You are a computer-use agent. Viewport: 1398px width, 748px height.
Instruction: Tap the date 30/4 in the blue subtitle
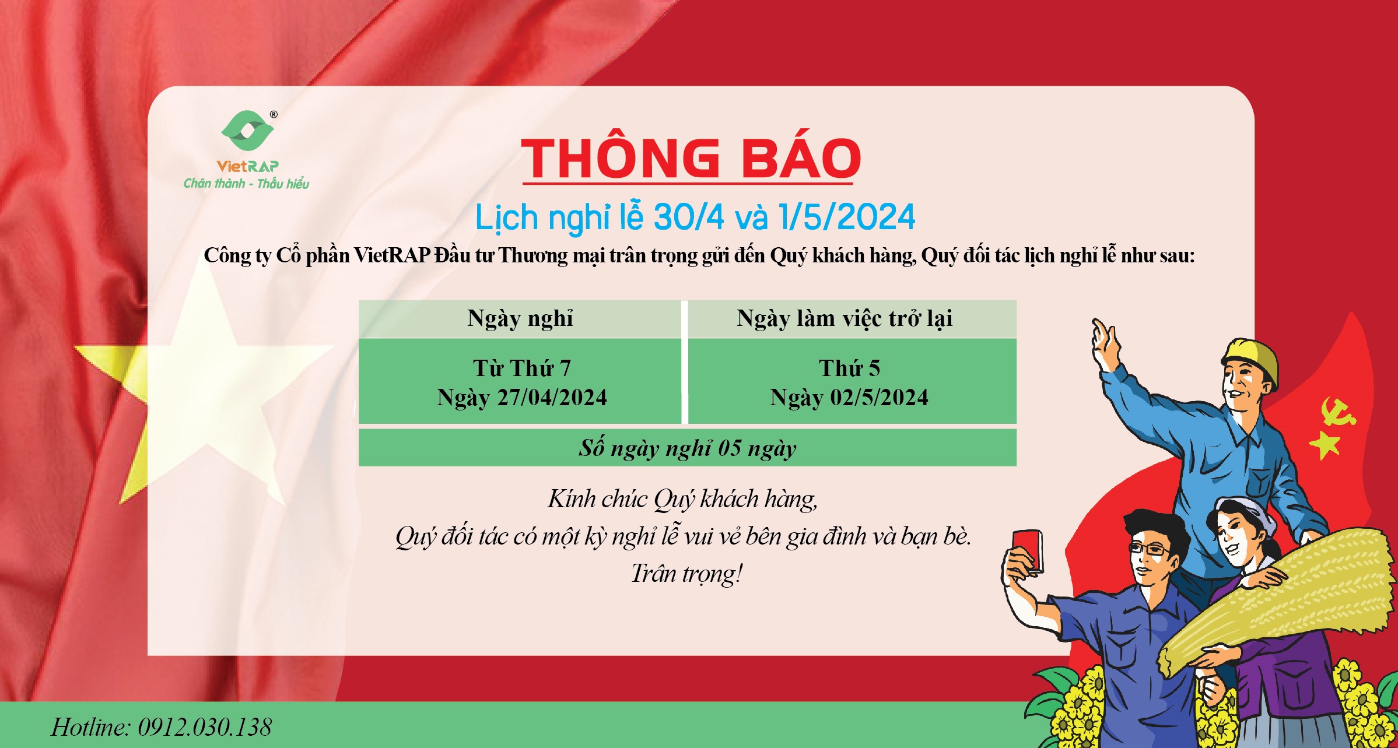(689, 217)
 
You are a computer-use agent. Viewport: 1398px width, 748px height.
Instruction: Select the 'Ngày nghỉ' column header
(520, 318)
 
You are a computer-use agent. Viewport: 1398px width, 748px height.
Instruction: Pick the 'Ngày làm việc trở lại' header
(845, 318)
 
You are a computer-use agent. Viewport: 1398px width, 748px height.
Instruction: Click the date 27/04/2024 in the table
(552, 398)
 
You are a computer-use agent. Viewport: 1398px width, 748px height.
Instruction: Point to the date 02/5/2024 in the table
(879, 398)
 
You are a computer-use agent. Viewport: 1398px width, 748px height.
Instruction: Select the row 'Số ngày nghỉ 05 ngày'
(687, 448)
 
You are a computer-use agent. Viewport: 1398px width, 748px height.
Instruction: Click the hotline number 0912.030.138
(205, 727)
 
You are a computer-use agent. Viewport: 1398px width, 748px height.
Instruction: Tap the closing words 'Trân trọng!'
(686, 574)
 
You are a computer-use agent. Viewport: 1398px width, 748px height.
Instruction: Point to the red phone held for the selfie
(1027, 550)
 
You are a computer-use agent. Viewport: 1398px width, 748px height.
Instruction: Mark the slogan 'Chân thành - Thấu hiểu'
(246, 184)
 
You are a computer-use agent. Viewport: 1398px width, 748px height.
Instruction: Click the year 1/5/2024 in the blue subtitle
(847, 217)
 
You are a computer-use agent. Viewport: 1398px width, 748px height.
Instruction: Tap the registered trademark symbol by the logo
(274, 115)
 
